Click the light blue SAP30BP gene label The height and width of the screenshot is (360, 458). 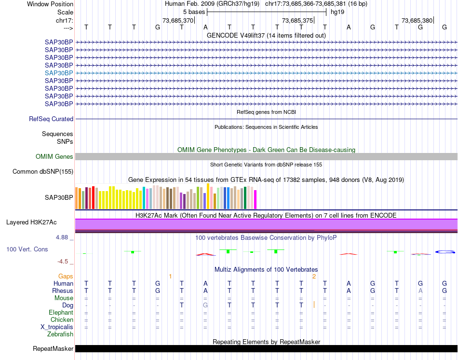click(59, 73)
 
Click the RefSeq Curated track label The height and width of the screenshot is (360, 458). click(51, 119)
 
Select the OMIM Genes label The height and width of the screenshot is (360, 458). click(54, 157)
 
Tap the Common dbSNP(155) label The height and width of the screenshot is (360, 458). click(43, 172)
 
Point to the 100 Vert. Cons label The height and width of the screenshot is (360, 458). click(27, 249)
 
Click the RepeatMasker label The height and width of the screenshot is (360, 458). click(53, 348)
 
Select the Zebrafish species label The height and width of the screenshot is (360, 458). click(60, 334)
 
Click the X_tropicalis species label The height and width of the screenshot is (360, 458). click(57, 327)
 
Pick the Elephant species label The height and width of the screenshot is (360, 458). click(61, 312)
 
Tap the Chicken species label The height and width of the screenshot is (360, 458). click(62, 319)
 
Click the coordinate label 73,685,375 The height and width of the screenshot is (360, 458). click(297, 21)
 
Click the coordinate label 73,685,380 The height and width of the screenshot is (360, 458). click(417, 21)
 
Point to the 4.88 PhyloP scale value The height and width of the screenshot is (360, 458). click(63, 237)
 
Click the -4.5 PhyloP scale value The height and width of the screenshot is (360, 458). click(63, 262)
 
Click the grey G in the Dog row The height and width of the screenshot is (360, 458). click(205, 305)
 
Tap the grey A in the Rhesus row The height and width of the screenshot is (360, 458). click(420, 291)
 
